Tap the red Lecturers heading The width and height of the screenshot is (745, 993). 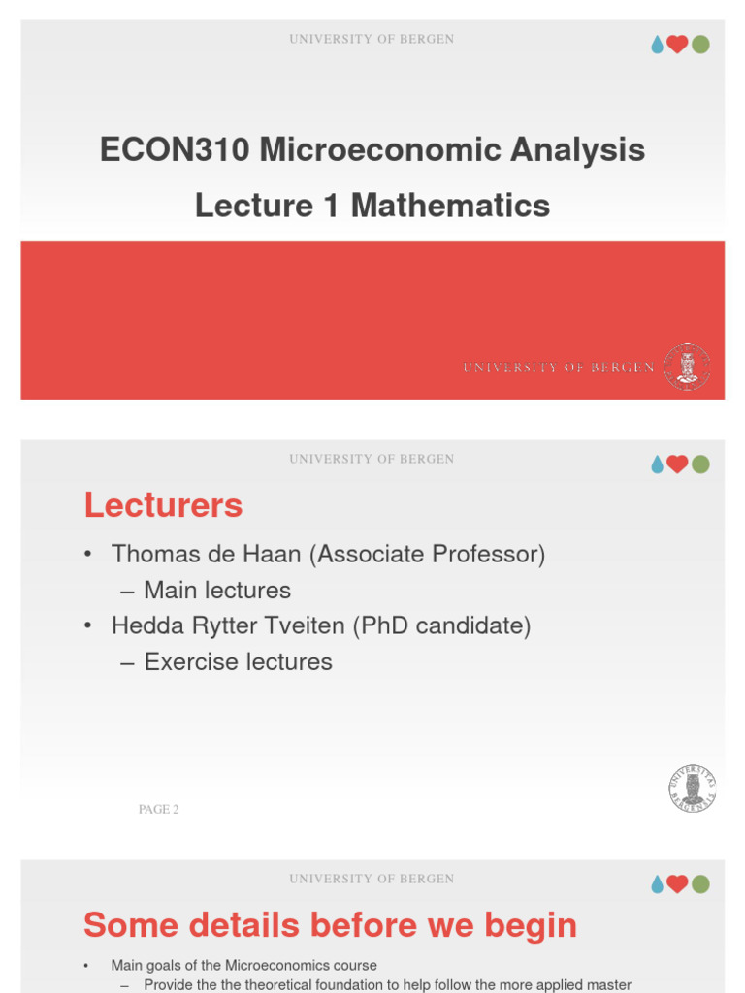point(163,505)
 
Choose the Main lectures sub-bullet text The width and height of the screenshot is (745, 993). point(217,591)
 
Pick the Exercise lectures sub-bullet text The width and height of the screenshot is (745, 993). point(238,662)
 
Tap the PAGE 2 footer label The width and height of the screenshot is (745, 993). point(158,810)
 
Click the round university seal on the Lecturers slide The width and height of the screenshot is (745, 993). point(692,787)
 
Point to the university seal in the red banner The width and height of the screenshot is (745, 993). point(687,367)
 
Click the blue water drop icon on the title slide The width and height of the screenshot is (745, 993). point(657,45)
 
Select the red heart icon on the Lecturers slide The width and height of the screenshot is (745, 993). point(677,464)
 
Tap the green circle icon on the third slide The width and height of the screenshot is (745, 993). point(700,883)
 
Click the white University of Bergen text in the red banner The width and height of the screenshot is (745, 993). point(559,368)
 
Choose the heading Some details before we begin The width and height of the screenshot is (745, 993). point(330,925)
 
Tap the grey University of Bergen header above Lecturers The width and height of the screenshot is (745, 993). point(372,459)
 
